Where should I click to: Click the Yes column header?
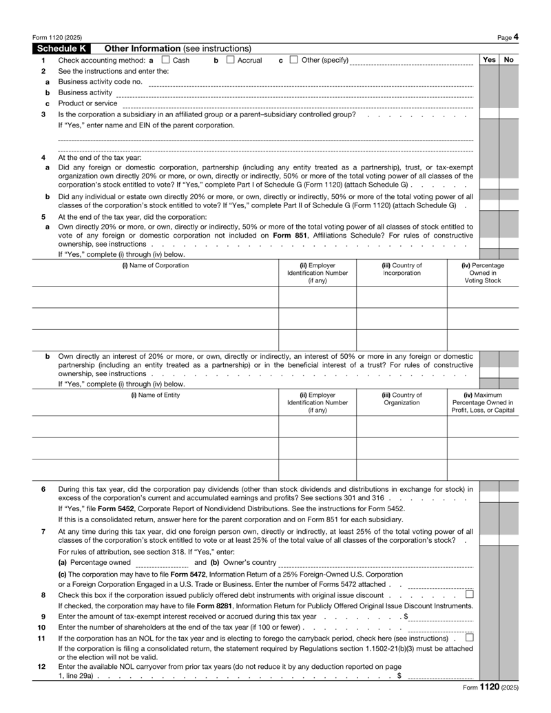[x=489, y=60]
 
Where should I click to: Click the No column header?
[x=508, y=60]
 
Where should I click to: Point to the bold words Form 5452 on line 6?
[x=104, y=508]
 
